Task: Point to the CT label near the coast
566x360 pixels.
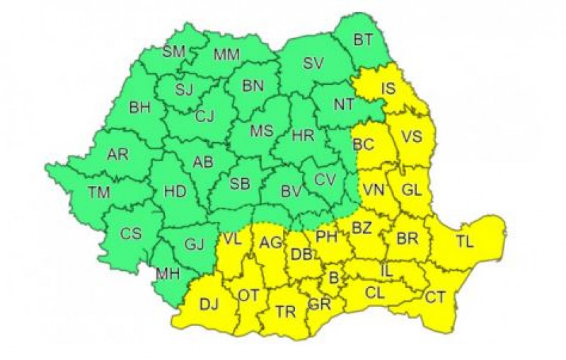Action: click(x=435, y=297)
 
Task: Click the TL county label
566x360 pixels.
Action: click(x=465, y=241)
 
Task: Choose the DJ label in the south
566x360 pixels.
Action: click(x=209, y=305)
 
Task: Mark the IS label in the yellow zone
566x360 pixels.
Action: click(x=388, y=89)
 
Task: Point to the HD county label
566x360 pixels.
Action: click(x=174, y=192)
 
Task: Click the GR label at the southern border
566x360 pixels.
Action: click(x=319, y=306)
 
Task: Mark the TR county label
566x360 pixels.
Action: click(x=286, y=312)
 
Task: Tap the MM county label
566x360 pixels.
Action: click(x=226, y=53)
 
